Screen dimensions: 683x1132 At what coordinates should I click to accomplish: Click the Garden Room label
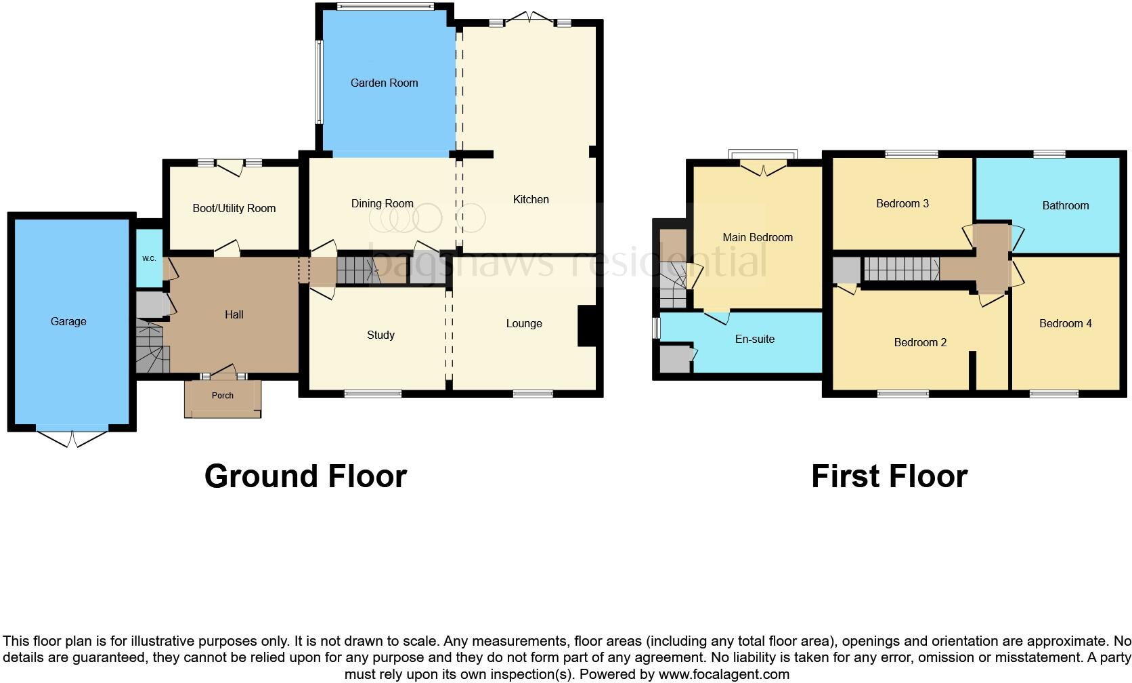pos(384,83)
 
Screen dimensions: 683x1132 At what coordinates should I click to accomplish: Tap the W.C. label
pos(149,259)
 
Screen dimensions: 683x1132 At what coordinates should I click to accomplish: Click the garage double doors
pos(71,438)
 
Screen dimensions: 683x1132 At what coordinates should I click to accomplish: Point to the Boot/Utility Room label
pos(234,208)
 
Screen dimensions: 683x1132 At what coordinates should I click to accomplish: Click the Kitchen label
pos(531,199)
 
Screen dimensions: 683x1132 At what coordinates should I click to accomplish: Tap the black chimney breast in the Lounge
pos(586,327)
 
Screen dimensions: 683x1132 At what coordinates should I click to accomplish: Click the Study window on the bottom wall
pos(372,393)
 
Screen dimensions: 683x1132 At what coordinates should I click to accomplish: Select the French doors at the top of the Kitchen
pos(531,18)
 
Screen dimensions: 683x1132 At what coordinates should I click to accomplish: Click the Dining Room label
pos(382,203)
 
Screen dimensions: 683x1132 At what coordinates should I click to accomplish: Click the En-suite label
pos(754,339)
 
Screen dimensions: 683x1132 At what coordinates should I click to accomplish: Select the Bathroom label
pos(1065,205)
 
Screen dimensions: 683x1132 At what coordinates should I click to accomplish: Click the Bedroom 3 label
pos(902,203)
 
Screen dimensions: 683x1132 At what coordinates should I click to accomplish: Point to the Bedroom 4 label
pos(1065,323)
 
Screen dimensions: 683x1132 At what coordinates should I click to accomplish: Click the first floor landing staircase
pos(900,269)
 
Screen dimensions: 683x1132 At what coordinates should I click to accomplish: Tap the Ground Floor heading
pos(305,476)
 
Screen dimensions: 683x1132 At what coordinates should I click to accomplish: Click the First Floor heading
pos(889,476)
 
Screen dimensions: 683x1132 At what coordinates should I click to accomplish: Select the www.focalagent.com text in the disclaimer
pos(724,674)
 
